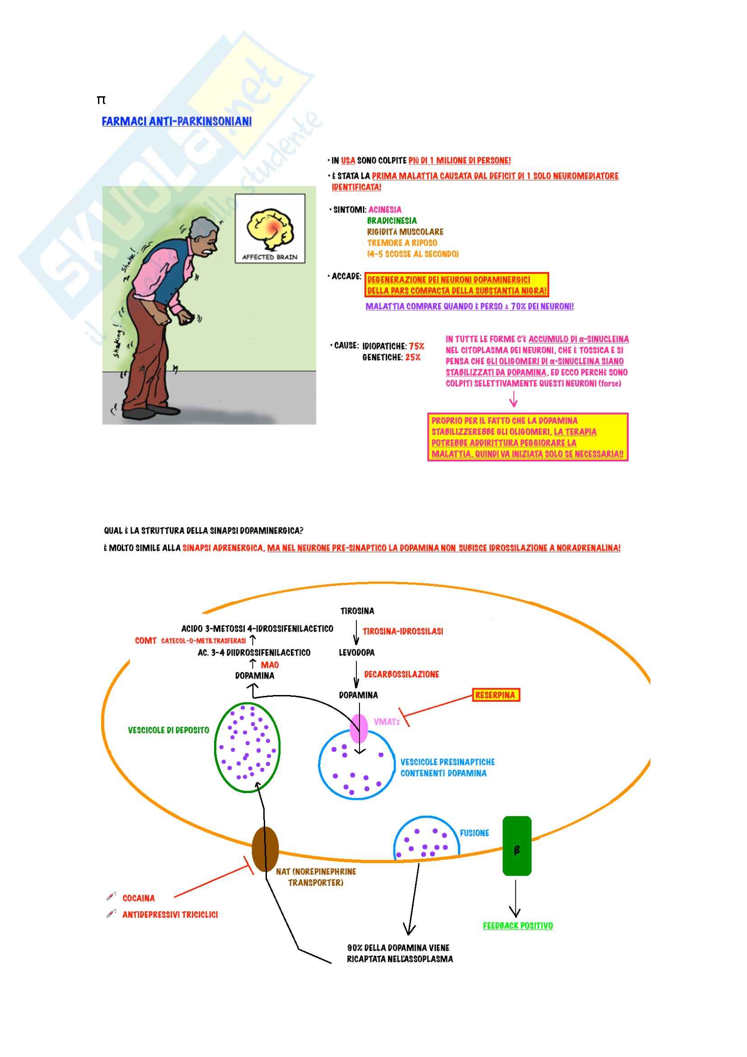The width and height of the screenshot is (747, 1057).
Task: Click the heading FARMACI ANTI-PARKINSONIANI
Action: [x=177, y=121]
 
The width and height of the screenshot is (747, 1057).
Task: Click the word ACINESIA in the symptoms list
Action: [x=384, y=210]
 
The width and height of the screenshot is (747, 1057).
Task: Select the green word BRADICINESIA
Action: [x=392, y=221]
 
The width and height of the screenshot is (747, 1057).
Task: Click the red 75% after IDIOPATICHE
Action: [x=416, y=346]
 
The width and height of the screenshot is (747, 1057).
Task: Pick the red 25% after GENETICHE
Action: [x=413, y=357]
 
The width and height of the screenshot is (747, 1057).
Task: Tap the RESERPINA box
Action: [x=495, y=695]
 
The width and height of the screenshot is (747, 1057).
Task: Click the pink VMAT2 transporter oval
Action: [x=359, y=728]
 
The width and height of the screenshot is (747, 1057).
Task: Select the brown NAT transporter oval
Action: [x=266, y=849]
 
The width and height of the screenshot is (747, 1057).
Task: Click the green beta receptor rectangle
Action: [x=517, y=846]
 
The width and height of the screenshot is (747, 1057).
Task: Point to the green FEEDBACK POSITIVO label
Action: [x=518, y=925]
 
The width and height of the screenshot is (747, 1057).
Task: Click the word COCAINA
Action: [x=139, y=898]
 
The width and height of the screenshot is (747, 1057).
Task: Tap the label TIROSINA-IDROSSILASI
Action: [x=402, y=631]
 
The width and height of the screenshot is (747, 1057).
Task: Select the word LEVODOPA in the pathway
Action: [x=356, y=653]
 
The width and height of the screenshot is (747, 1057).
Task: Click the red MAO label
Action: [x=270, y=665]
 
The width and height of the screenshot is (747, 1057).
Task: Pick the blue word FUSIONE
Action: [x=474, y=833]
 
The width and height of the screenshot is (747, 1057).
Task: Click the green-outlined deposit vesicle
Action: [x=247, y=747]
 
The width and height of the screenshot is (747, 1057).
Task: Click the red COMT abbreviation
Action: [x=145, y=640]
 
